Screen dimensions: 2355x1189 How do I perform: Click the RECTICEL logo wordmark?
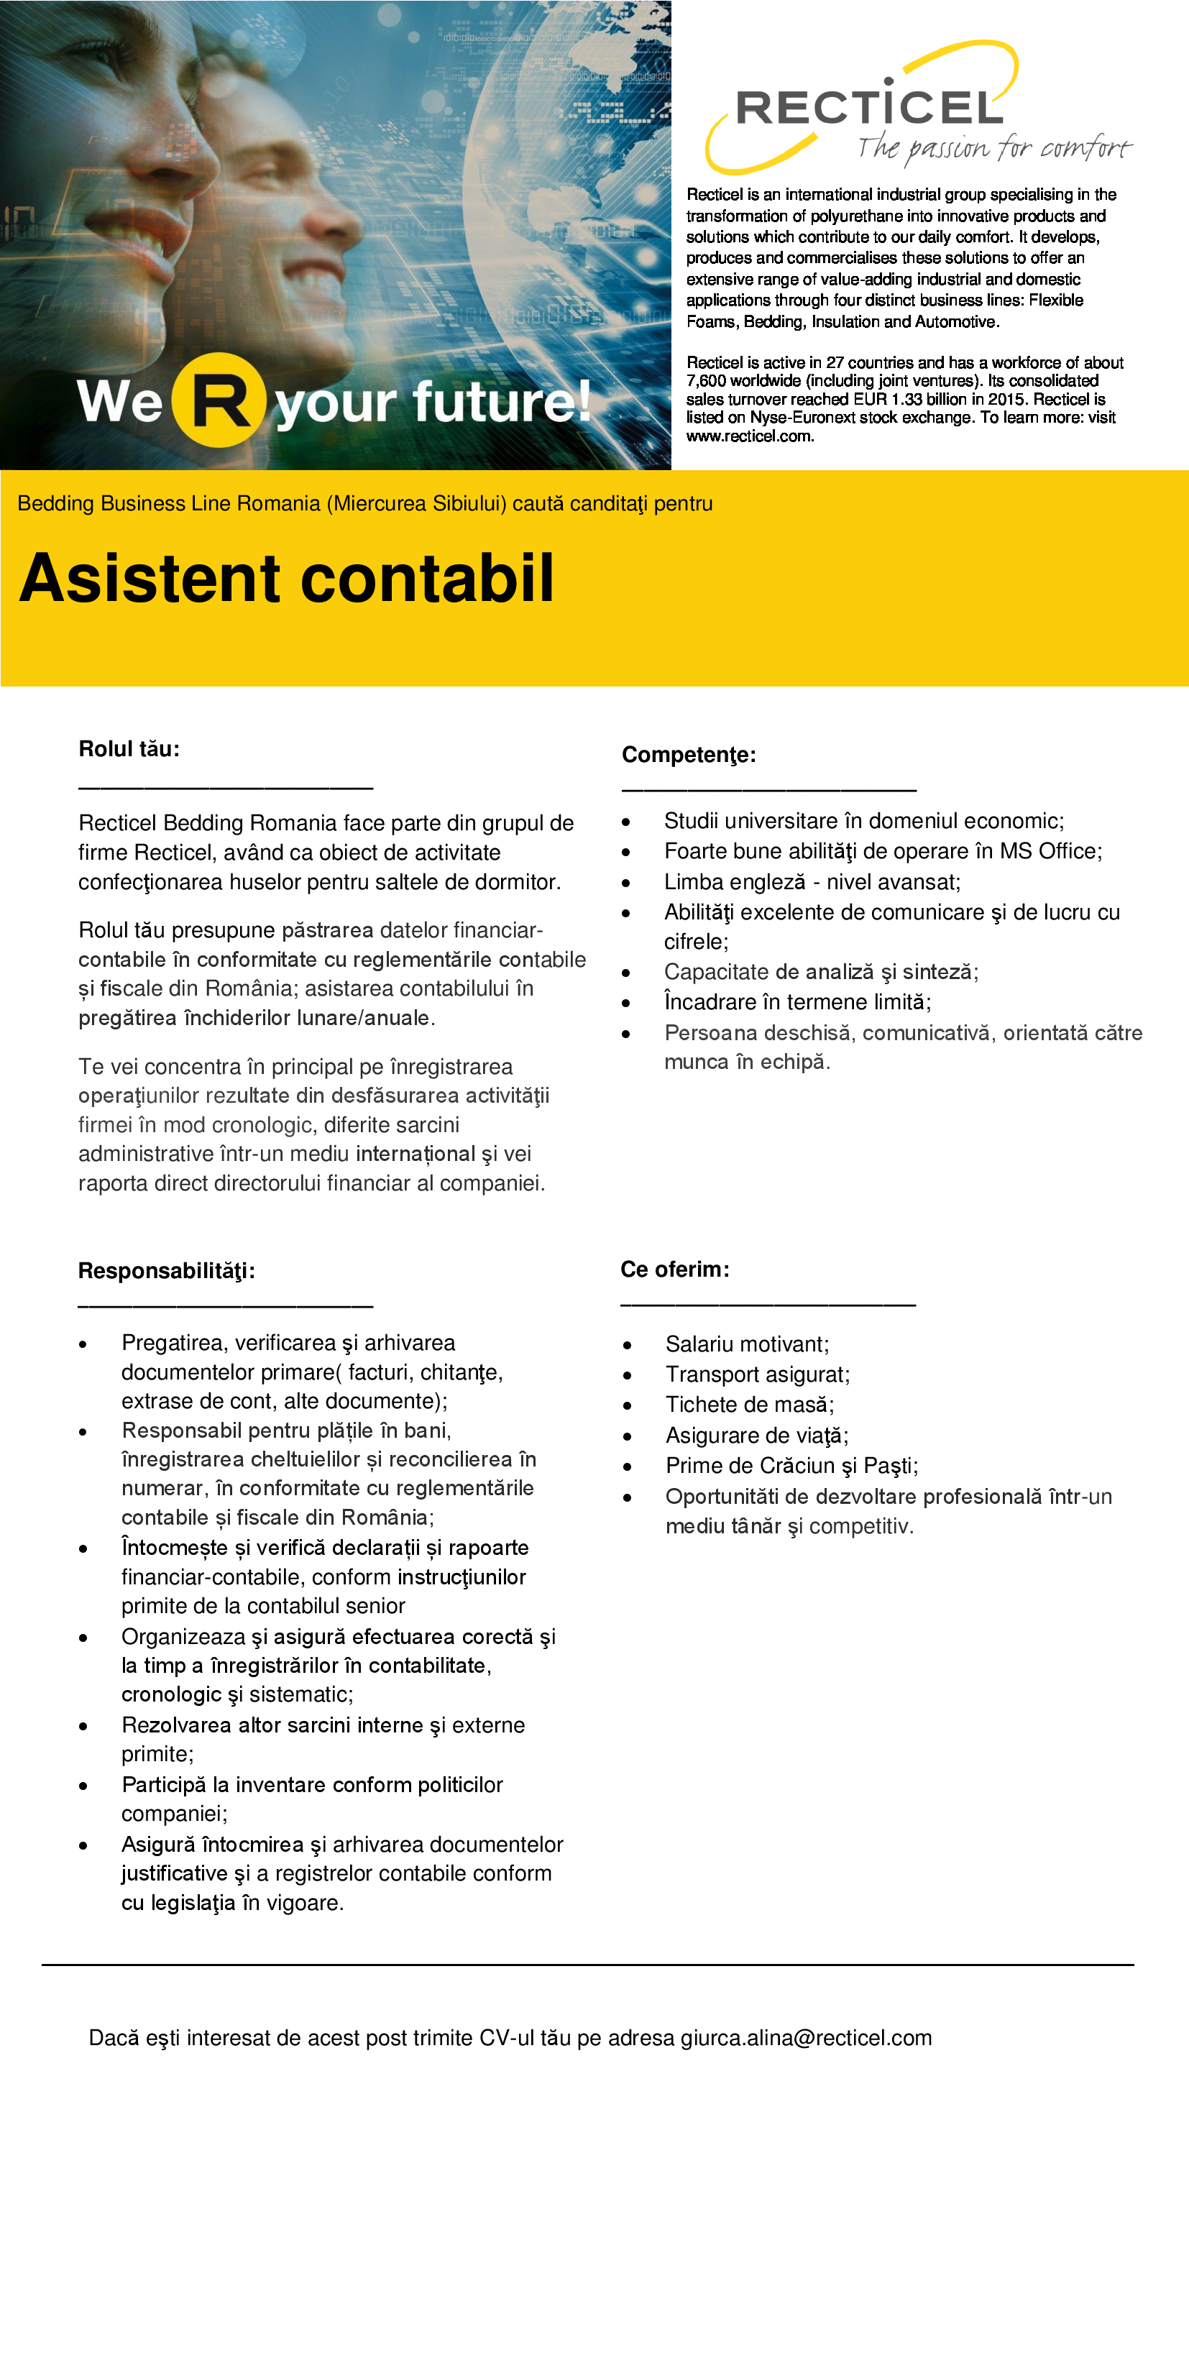pyautogui.click(x=869, y=108)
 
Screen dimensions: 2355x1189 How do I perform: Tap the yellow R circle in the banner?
pyautogui.click(x=219, y=400)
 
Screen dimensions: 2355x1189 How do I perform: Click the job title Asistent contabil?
pyautogui.click(x=286, y=578)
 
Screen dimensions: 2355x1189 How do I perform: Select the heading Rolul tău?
pyautogui.click(x=129, y=749)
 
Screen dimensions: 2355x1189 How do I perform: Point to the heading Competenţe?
pyautogui.click(x=688, y=755)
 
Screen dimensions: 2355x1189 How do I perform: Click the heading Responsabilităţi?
pyautogui.click(x=166, y=1271)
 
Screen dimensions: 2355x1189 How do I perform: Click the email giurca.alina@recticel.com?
pyautogui.click(x=805, y=2038)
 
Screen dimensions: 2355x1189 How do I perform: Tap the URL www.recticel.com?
pyautogui.click(x=749, y=436)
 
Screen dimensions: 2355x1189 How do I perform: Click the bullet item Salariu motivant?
pyautogui.click(x=747, y=1344)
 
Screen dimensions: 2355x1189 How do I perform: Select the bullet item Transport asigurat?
pyautogui.click(x=757, y=1374)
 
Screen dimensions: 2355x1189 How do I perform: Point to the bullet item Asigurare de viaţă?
pyautogui.click(x=757, y=1436)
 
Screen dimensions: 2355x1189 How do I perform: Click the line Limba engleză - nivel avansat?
pyautogui.click(x=812, y=881)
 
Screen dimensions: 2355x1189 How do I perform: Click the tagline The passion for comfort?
pyautogui.click(x=993, y=147)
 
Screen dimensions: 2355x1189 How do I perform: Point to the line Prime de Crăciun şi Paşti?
pyautogui.click(x=791, y=1466)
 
